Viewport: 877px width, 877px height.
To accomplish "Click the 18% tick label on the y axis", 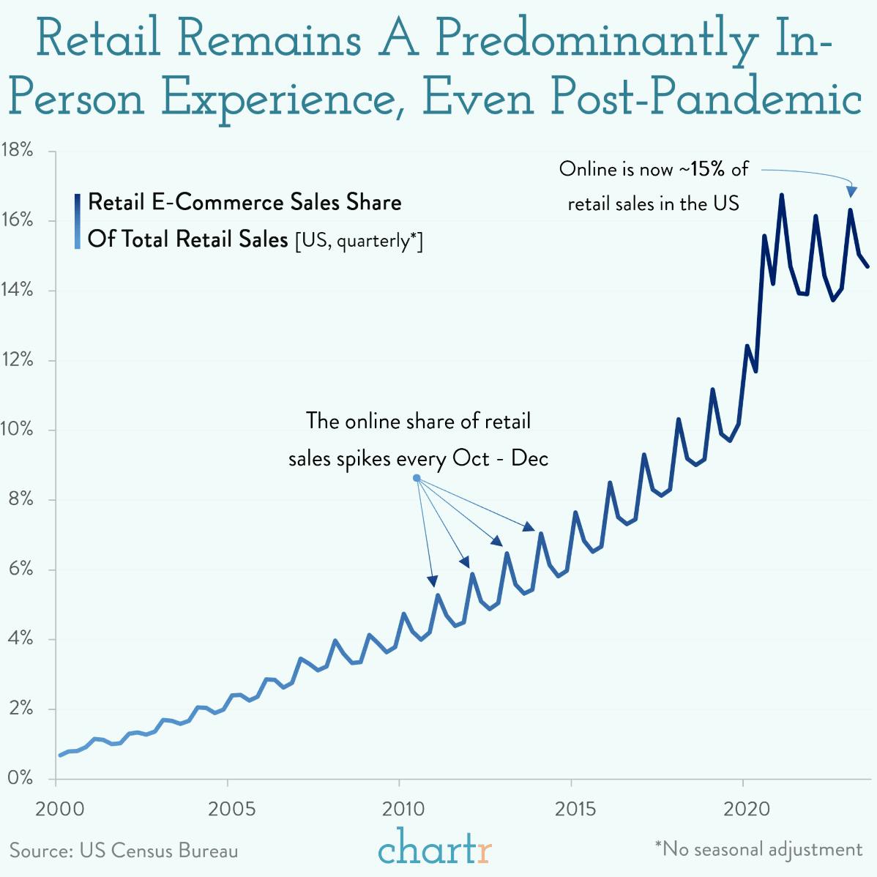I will (18, 151).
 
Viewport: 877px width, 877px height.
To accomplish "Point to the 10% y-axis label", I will (18, 430).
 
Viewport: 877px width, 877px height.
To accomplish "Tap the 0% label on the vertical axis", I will (20, 777).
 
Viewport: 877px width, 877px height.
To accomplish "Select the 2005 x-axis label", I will (231, 809).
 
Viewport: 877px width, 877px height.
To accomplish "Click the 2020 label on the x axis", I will (747, 809).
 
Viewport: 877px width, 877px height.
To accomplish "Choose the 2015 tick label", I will (575, 809).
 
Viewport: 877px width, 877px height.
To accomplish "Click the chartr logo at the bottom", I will (435, 848).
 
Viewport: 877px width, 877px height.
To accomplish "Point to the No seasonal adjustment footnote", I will (758, 849).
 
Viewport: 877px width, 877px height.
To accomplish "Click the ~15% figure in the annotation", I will (702, 169).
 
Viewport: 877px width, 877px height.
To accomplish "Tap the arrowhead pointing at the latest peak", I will (851, 191).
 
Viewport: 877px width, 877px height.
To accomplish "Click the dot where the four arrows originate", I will (417, 478).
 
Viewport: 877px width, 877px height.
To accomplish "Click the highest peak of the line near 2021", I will (781, 195).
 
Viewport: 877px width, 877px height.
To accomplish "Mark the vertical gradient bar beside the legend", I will (77, 221).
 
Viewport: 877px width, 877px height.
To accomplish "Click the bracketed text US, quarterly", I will (359, 241).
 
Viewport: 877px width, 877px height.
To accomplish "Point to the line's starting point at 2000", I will (61, 755).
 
